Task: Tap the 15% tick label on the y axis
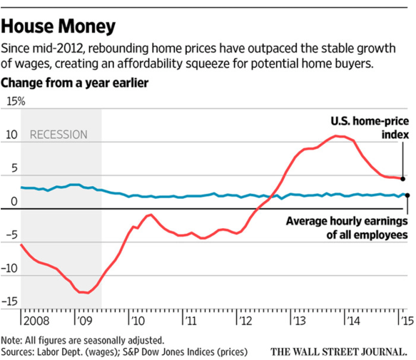(x=14, y=101)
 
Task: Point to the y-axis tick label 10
(x=11, y=134)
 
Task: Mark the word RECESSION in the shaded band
(x=59, y=135)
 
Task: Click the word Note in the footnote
(x=12, y=340)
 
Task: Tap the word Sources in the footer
(x=21, y=351)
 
